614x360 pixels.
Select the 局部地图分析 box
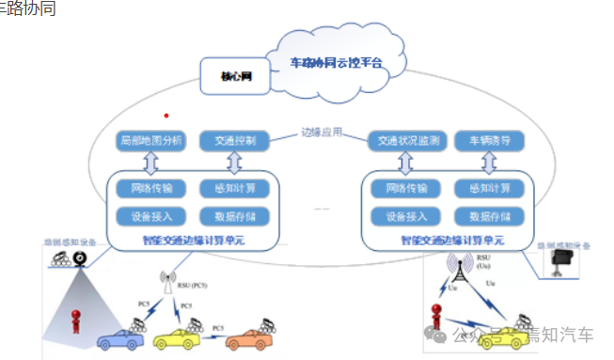coord(150,141)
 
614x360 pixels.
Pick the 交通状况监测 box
coord(403,141)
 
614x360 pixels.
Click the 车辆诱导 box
coord(489,141)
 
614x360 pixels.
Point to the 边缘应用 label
coord(319,133)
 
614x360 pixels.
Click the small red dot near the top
coord(166,116)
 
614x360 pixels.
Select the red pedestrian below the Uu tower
coord(436,317)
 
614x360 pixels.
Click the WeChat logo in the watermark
coord(436,334)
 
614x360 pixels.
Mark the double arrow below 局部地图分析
coord(150,162)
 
